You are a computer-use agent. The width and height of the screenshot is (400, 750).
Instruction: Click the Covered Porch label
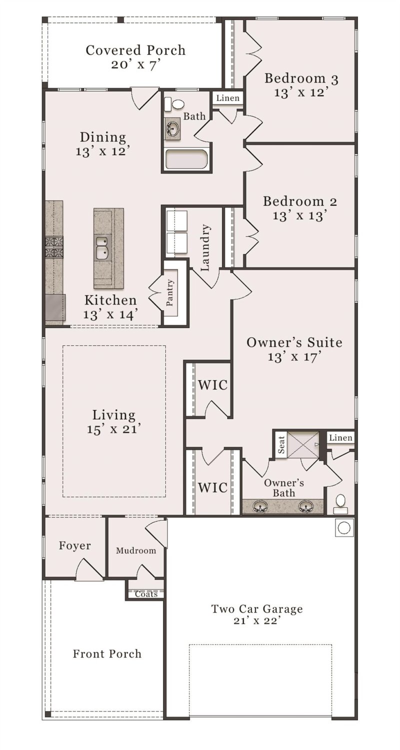tap(135, 50)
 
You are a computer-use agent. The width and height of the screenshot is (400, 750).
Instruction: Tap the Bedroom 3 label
tap(301, 78)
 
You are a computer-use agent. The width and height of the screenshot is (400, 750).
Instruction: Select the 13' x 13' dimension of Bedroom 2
tap(300, 215)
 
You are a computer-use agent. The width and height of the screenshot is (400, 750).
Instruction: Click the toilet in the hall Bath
tap(175, 104)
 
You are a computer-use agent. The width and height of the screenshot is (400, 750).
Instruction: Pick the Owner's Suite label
tap(294, 342)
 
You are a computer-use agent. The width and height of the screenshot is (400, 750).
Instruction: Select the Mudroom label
tap(136, 550)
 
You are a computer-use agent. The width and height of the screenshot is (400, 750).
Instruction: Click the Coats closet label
tap(146, 594)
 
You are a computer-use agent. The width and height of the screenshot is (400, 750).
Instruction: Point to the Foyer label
tap(75, 545)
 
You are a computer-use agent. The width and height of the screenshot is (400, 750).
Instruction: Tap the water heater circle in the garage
tap(344, 527)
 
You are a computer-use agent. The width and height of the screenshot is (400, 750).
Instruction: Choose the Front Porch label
tap(107, 653)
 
